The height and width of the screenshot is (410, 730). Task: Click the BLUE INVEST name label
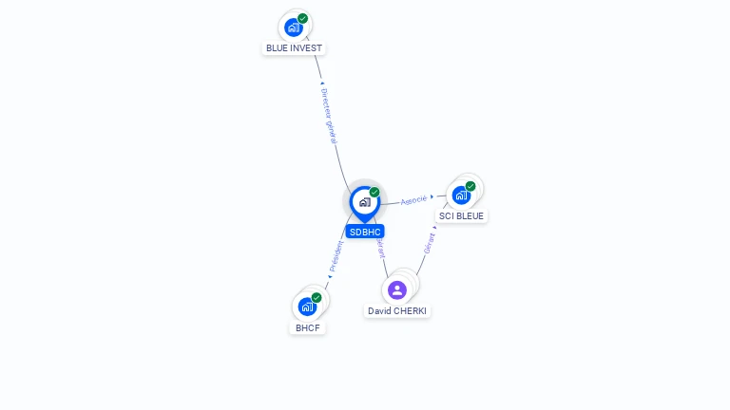[294, 48]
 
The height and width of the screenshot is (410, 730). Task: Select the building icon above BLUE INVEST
[293, 28]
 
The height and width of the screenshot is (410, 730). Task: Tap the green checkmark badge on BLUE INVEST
[302, 19]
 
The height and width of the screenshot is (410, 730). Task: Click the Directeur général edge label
[329, 116]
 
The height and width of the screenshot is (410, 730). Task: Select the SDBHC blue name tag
[365, 232]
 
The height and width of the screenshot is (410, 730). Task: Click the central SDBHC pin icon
[364, 202]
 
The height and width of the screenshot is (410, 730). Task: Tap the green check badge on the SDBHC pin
[375, 193]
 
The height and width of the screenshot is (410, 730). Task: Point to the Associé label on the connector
[413, 200]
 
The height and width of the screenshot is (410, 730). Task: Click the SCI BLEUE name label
[461, 216]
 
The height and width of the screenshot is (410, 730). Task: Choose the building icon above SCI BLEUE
[461, 196]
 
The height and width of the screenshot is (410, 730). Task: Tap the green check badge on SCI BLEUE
[471, 187]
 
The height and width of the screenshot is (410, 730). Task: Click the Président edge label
[336, 256]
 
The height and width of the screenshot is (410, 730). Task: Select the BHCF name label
[307, 327]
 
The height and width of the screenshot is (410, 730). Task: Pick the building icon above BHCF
[307, 307]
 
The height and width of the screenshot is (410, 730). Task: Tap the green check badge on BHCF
[317, 298]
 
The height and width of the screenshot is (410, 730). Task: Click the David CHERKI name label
[397, 310]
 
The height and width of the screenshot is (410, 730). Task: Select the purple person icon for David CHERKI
[397, 289]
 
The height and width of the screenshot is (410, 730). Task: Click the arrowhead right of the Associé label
[432, 197]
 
